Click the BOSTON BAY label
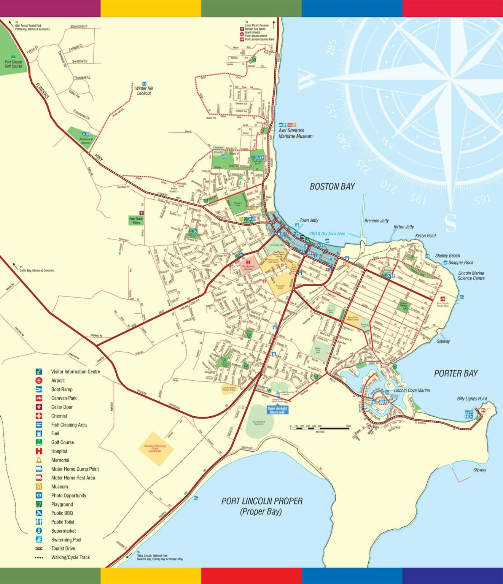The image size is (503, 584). (332, 186)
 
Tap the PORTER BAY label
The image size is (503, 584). (455, 373)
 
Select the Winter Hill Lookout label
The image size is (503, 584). (144, 91)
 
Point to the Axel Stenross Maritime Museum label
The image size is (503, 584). (295, 133)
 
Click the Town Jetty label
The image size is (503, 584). (309, 221)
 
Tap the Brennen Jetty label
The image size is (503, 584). (376, 221)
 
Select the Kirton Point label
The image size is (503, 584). (425, 236)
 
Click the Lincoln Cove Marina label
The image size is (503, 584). (412, 390)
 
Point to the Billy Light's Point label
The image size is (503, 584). (472, 399)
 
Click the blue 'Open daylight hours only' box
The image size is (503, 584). (276, 410)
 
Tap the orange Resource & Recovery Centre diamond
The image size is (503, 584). (156, 449)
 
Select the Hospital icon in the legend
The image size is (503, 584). (39, 451)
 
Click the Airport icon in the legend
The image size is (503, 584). (39, 381)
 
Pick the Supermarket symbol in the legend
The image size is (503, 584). (39, 531)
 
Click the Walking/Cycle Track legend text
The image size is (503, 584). (70, 557)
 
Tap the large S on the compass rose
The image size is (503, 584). (450, 223)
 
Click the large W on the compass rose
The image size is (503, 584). (307, 79)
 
